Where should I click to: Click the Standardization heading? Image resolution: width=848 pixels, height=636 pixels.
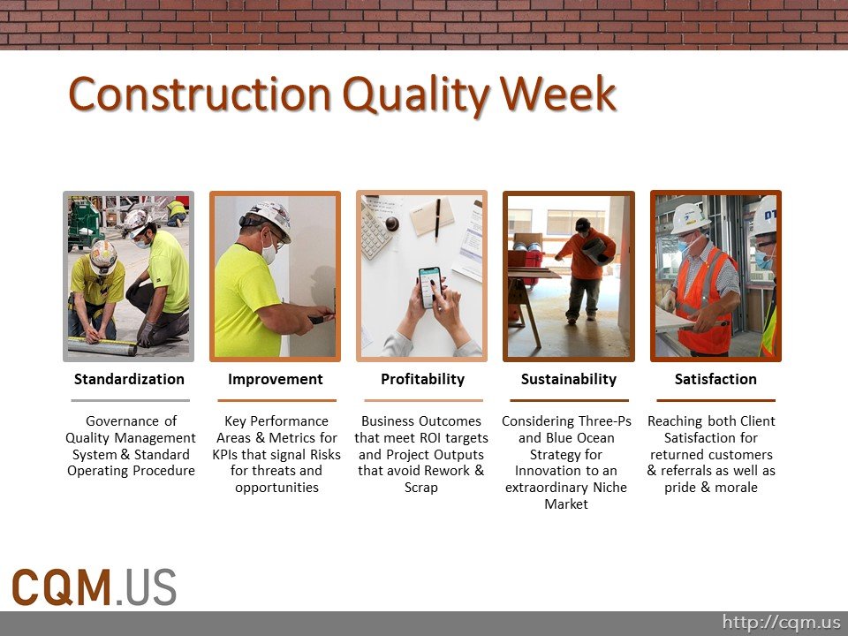[x=129, y=379]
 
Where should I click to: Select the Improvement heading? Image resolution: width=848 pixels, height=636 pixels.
[x=275, y=379]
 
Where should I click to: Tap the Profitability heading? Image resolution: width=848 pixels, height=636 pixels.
[x=422, y=379]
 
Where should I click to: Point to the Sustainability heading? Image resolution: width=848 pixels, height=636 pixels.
[x=568, y=379]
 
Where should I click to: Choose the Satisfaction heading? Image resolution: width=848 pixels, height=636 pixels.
[x=715, y=379]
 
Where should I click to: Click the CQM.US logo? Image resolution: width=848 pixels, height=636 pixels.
[x=94, y=587]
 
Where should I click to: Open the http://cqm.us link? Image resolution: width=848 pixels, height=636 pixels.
[x=781, y=623]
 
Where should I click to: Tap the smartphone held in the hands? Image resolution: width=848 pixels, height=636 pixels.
[x=430, y=287]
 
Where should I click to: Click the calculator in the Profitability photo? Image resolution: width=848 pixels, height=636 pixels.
[x=376, y=226]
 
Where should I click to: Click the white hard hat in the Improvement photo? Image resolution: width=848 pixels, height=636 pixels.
[x=270, y=216]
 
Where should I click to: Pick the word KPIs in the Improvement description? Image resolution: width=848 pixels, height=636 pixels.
[x=230, y=454]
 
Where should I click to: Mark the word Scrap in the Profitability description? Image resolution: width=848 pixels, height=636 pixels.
[x=420, y=488]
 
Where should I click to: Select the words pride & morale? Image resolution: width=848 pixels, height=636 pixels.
[x=711, y=488]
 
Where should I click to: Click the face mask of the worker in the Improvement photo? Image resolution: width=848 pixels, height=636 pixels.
[x=269, y=254]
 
